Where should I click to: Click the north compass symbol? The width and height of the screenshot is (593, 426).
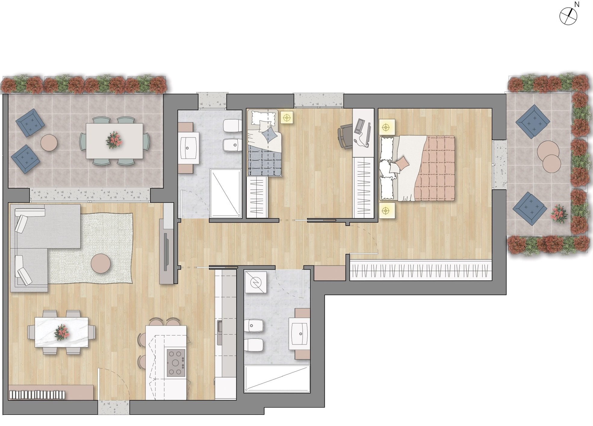568,16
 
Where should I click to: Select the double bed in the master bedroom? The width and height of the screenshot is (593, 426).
417,168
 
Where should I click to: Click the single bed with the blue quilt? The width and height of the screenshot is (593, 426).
264,143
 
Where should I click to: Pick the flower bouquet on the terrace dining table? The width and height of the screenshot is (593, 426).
114,140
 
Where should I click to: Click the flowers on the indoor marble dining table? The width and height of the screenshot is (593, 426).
61,332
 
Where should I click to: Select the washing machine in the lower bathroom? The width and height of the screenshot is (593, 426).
256,282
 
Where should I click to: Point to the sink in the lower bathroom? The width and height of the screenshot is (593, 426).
300,334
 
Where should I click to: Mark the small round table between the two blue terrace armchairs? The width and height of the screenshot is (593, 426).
49,142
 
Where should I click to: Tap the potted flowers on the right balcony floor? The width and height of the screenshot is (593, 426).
558,214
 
